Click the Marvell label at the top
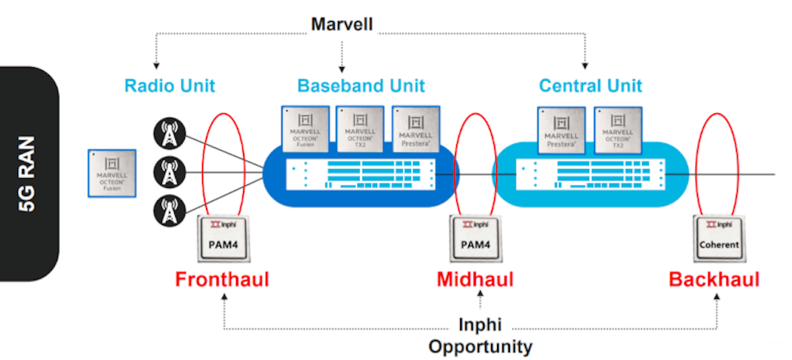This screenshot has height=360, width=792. (342, 25)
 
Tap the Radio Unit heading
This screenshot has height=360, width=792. (170, 85)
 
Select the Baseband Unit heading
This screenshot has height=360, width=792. (361, 85)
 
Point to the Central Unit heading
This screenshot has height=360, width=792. (591, 85)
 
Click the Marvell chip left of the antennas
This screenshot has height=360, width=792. (112, 173)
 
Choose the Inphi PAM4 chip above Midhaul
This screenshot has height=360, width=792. (475, 238)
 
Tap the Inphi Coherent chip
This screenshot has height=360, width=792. (718, 238)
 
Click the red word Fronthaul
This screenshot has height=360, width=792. (222, 280)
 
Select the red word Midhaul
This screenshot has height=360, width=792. (475, 280)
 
